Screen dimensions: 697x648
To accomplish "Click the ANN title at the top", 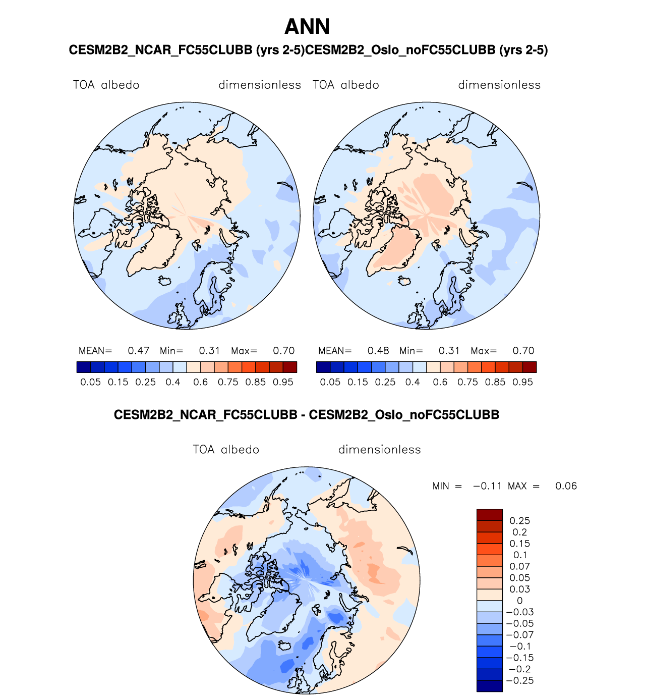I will [x=307, y=27].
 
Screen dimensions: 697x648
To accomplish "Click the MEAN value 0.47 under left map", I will [x=138, y=351].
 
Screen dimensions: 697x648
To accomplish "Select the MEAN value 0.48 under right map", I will [x=378, y=351].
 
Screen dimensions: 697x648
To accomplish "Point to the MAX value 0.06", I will [x=566, y=486].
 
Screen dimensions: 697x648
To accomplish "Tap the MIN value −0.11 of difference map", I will [x=487, y=486].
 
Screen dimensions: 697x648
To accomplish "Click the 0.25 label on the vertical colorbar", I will [x=519, y=521].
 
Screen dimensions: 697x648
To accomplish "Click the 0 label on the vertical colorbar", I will [x=519, y=601].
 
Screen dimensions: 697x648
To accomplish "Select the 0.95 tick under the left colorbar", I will [x=283, y=382].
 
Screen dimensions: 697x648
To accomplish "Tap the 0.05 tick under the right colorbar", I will [x=330, y=382].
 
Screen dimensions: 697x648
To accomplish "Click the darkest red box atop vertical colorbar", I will [x=489, y=515].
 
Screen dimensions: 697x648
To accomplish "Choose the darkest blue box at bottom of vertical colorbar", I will [x=489, y=686].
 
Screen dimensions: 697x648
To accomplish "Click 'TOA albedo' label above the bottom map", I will [x=226, y=450].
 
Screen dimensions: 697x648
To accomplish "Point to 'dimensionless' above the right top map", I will [x=499, y=85].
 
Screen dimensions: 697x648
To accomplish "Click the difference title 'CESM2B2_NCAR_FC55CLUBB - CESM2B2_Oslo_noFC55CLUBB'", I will [x=307, y=415].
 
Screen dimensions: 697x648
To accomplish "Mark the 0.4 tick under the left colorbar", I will [x=173, y=382].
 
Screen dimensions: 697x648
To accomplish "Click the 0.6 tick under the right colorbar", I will [x=440, y=382].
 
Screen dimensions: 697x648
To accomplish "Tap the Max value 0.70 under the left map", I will [x=283, y=351].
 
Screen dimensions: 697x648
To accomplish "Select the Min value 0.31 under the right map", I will [x=449, y=351].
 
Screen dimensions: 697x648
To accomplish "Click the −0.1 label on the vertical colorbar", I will [x=519, y=647].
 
